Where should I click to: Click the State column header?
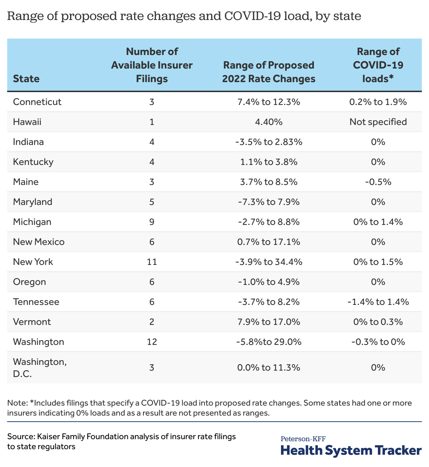click(x=26, y=79)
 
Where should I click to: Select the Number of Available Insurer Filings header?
click(x=152, y=65)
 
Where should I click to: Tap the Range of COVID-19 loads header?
click(x=378, y=65)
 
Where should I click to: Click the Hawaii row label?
click(x=27, y=122)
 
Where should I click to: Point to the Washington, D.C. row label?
click(x=40, y=368)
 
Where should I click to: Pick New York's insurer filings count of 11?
click(x=152, y=262)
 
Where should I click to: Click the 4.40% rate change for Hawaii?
click(x=268, y=122)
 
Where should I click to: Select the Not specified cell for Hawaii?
click(x=378, y=122)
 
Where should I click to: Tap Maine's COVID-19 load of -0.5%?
click(x=378, y=182)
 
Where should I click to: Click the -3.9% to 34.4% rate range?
click(x=268, y=262)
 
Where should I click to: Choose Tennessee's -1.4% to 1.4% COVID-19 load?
click(x=378, y=302)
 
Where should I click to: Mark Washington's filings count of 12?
click(x=152, y=342)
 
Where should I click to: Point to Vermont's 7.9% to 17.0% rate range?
click(x=268, y=322)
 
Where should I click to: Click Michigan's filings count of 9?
click(x=152, y=222)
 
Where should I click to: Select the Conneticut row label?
click(x=37, y=102)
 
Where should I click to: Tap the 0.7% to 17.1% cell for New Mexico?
click(x=268, y=242)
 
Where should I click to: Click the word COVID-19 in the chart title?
click(x=252, y=16)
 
